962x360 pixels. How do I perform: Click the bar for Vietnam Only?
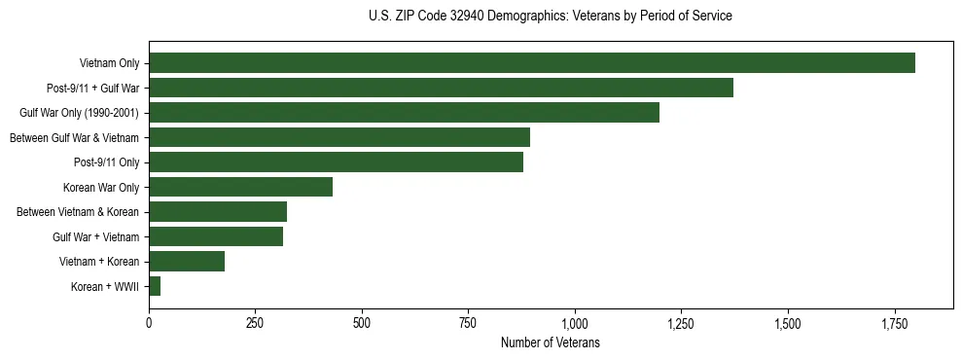tap(532, 63)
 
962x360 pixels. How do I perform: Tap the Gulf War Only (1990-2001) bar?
tap(404, 113)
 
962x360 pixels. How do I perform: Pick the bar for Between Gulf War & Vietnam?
tap(339, 137)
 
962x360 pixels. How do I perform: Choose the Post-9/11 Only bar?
tap(336, 162)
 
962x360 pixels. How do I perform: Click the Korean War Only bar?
tap(240, 187)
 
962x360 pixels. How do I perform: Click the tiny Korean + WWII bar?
tap(155, 286)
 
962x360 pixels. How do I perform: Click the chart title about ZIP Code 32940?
tap(551, 17)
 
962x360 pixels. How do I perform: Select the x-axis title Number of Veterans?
tap(551, 343)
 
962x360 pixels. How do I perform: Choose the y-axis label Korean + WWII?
tap(105, 287)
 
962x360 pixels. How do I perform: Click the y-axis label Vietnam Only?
tap(109, 64)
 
